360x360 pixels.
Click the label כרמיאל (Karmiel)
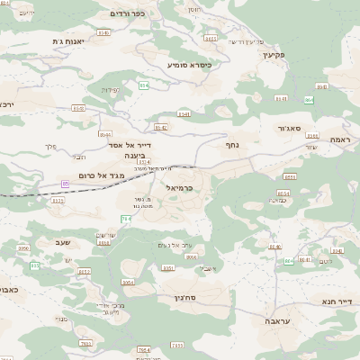tap(181, 186)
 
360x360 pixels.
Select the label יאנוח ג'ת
tap(68, 41)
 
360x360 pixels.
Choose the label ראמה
tap(340, 139)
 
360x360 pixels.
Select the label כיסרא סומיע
tap(189, 65)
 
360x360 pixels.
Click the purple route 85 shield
tap(65, 184)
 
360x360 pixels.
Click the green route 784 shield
tap(143, 350)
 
